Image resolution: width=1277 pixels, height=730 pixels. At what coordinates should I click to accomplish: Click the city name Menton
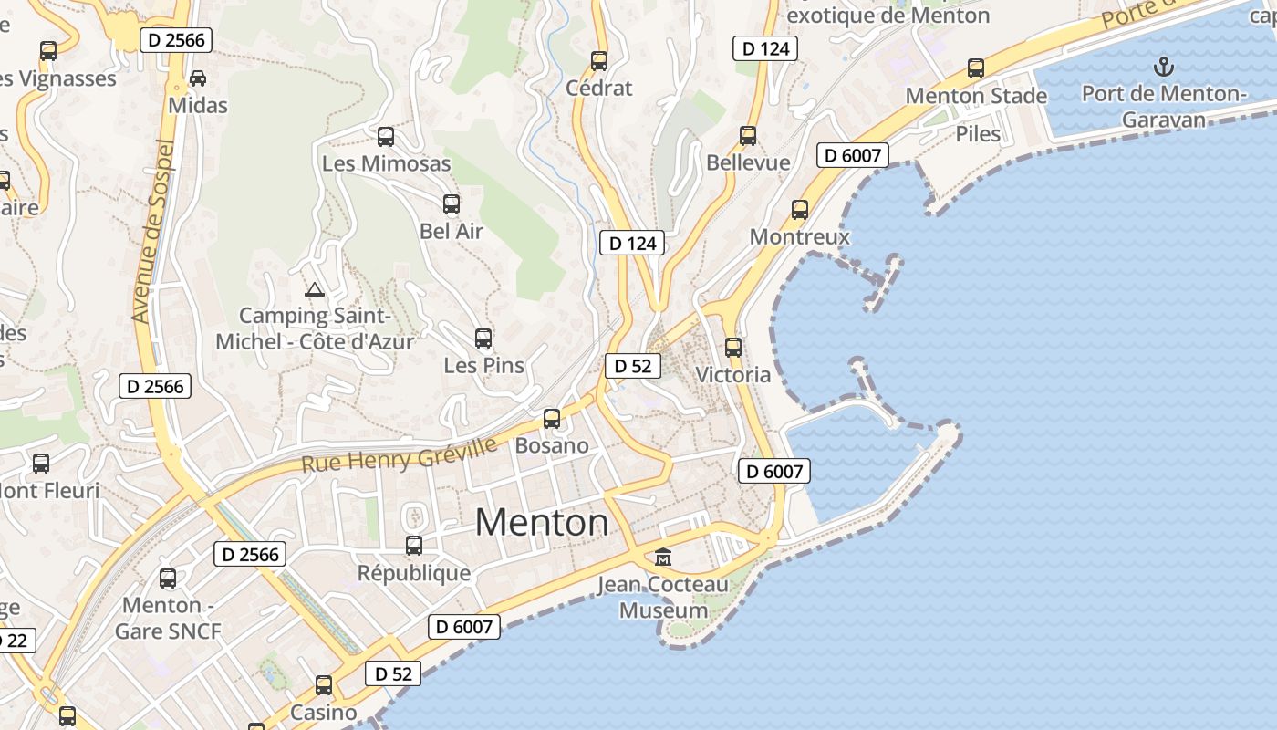(542, 522)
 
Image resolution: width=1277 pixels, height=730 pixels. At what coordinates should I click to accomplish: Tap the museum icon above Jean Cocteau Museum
(663, 557)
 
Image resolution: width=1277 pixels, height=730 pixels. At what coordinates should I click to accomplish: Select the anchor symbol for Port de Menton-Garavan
(1163, 66)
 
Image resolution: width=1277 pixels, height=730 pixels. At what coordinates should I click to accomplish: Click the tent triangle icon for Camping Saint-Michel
(315, 290)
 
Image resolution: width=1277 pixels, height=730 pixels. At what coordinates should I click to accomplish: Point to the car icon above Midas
(197, 78)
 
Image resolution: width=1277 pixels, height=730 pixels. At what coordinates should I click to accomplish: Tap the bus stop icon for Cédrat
(599, 61)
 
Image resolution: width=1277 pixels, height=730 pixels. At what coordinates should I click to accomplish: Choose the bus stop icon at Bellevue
(748, 136)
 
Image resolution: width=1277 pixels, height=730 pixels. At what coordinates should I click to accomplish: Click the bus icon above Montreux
(800, 210)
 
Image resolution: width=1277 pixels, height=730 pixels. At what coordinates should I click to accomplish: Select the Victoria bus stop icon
(733, 348)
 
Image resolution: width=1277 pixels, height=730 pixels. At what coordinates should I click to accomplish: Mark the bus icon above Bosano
(552, 419)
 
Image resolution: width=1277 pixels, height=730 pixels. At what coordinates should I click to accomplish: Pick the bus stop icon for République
(414, 546)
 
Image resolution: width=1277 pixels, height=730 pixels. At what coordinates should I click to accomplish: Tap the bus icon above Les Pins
(483, 339)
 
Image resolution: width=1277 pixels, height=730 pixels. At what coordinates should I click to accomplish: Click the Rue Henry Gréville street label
(400, 454)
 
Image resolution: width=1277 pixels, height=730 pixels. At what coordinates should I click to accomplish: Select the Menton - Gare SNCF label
(168, 618)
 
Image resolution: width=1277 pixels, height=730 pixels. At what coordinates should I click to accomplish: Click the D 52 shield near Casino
(394, 674)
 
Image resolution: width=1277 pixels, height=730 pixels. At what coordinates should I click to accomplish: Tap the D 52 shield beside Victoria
(633, 366)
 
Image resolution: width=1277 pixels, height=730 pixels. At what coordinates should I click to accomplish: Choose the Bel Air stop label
(452, 232)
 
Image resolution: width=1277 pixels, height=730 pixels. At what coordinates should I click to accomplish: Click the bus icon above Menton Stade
(976, 68)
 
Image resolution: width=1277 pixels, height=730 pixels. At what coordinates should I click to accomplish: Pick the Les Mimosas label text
(387, 164)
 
